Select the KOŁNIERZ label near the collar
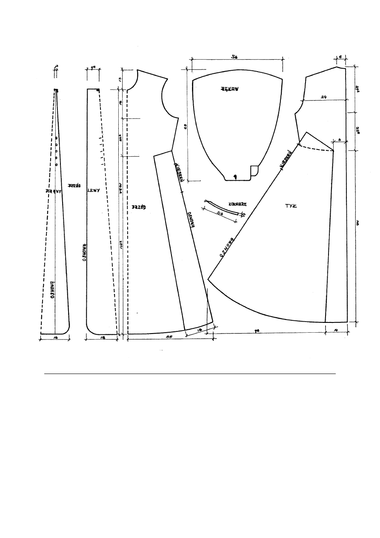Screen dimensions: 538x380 [x=235, y=204]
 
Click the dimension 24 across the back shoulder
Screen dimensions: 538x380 [x=324, y=97]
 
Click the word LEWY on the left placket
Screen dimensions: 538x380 [x=93, y=191]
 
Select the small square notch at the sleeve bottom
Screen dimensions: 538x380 [x=254, y=170]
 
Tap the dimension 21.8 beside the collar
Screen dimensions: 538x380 [x=220, y=214]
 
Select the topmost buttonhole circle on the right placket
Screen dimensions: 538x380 [x=56, y=138]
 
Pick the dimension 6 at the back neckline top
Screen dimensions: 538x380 [x=340, y=56]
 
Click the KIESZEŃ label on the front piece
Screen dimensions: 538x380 [x=179, y=172]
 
